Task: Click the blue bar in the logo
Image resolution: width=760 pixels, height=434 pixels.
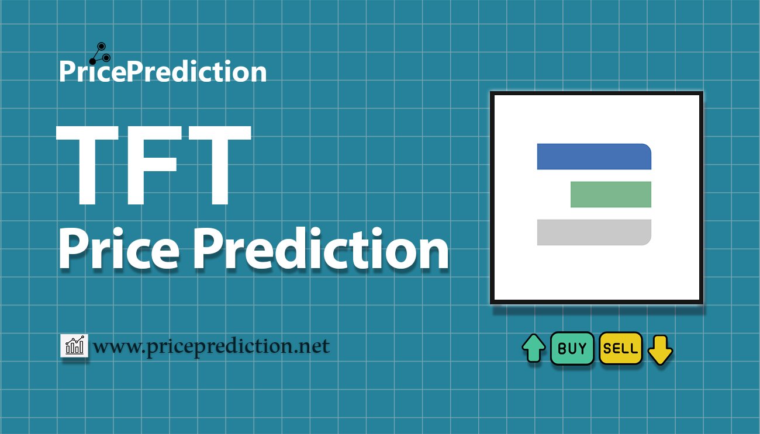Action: point(594,157)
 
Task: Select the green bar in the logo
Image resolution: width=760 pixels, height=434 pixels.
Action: point(611,195)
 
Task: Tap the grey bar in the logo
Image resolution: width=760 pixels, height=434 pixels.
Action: point(594,232)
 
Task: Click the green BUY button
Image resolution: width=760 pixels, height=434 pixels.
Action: point(572,348)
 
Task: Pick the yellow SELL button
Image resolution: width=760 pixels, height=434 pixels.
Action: point(621,348)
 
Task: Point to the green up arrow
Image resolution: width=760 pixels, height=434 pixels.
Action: point(534,348)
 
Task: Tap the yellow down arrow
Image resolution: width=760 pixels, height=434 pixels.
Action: point(660,350)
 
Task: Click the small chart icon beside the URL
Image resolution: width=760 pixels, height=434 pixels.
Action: point(74,345)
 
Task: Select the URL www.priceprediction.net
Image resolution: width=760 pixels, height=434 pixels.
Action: point(211,347)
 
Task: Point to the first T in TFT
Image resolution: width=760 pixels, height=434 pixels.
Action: point(88,165)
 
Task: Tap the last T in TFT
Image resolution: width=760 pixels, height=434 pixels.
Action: point(219,165)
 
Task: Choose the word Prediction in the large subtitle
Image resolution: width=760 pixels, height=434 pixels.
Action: point(321,248)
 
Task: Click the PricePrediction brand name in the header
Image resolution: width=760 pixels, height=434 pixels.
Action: point(163,71)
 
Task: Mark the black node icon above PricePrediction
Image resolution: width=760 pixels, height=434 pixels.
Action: point(100,54)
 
